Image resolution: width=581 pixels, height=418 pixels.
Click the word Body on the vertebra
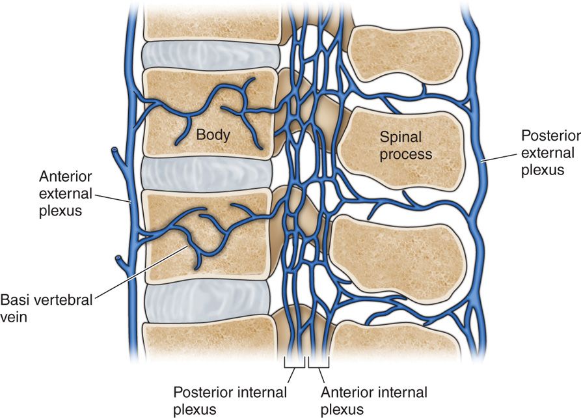point(214,135)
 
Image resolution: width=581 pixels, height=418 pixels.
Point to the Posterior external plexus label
point(550,153)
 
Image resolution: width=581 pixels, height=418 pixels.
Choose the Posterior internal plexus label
point(230,400)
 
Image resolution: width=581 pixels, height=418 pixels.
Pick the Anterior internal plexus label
point(375,400)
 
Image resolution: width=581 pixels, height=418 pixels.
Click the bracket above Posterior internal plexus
point(295,361)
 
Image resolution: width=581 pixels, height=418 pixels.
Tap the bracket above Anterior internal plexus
point(319,361)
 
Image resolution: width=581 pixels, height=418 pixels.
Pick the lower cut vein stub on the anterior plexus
point(119,260)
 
